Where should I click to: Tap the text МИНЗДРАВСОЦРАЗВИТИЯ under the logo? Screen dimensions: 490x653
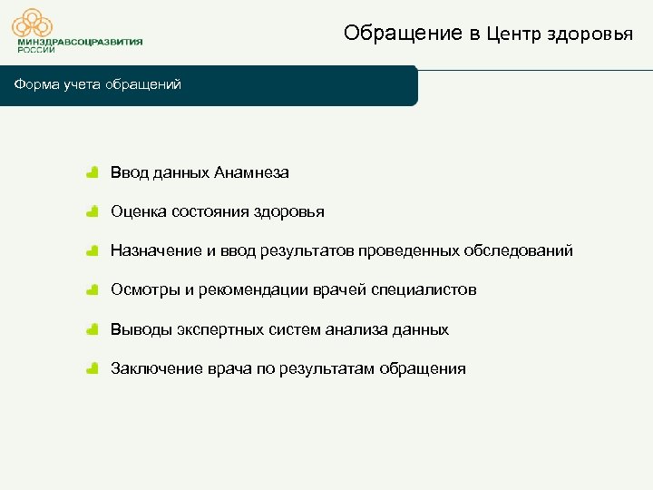click(x=80, y=42)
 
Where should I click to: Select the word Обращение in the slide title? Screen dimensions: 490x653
click(x=403, y=34)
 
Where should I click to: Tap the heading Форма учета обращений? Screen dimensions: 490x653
click(x=97, y=84)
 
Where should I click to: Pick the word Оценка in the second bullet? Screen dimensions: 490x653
click(x=137, y=211)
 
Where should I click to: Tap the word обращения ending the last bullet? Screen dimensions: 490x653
click(x=423, y=368)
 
